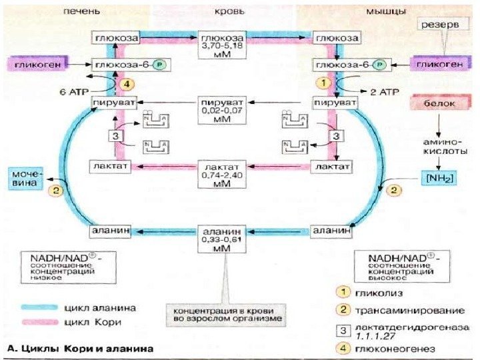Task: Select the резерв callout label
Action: (x=437, y=24)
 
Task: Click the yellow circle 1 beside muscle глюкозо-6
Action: (x=323, y=84)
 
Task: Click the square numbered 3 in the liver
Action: (x=113, y=135)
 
